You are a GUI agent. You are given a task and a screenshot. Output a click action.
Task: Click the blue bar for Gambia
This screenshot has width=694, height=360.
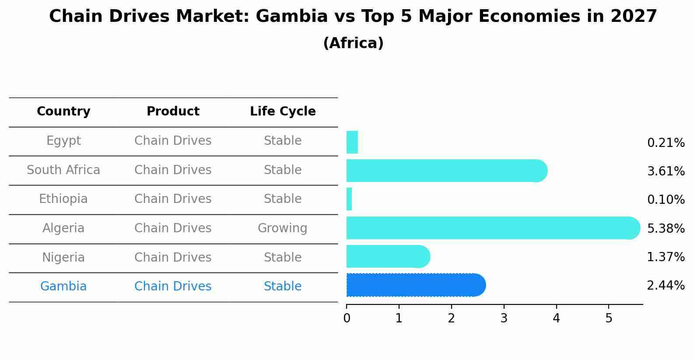pyautogui.click(x=416, y=285)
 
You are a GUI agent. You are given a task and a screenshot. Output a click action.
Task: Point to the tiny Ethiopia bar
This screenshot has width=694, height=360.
pyautogui.click(x=349, y=199)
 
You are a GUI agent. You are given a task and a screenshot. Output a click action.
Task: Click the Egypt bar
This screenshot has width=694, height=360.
pyautogui.click(x=352, y=142)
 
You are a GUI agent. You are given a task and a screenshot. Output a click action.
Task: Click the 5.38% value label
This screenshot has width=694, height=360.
pyautogui.click(x=666, y=228)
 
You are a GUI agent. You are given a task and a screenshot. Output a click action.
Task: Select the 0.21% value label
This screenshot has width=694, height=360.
pyautogui.click(x=666, y=143)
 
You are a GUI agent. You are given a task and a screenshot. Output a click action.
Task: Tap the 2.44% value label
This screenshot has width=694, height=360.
pyautogui.click(x=666, y=286)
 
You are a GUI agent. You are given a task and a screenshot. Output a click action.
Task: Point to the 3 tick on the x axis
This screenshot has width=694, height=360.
pyautogui.click(x=504, y=318)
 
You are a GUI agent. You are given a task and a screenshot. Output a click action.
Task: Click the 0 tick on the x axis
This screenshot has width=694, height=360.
pyautogui.click(x=347, y=318)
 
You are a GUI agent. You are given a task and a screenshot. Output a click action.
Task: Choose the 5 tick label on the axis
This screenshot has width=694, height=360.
pyautogui.click(x=609, y=318)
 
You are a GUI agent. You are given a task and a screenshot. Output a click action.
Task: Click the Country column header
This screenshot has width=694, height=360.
pyautogui.click(x=63, y=112)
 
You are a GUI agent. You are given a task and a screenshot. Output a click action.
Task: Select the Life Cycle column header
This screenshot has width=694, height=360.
pyautogui.click(x=283, y=112)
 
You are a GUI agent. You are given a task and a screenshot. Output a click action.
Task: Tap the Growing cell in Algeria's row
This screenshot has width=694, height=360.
pyautogui.click(x=283, y=228)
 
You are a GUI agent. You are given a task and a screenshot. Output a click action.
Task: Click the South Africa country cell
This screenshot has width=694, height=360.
pyautogui.click(x=63, y=170)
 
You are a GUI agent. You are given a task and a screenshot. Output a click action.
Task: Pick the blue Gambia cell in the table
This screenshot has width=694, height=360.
pyautogui.click(x=63, y=287)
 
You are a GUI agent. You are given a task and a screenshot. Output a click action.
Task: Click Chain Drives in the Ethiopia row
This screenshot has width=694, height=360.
pyautogui.click(x=173, y=199)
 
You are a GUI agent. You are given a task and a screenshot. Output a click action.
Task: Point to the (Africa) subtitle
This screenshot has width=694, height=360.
pyautogui.click(x=353, y=43)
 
